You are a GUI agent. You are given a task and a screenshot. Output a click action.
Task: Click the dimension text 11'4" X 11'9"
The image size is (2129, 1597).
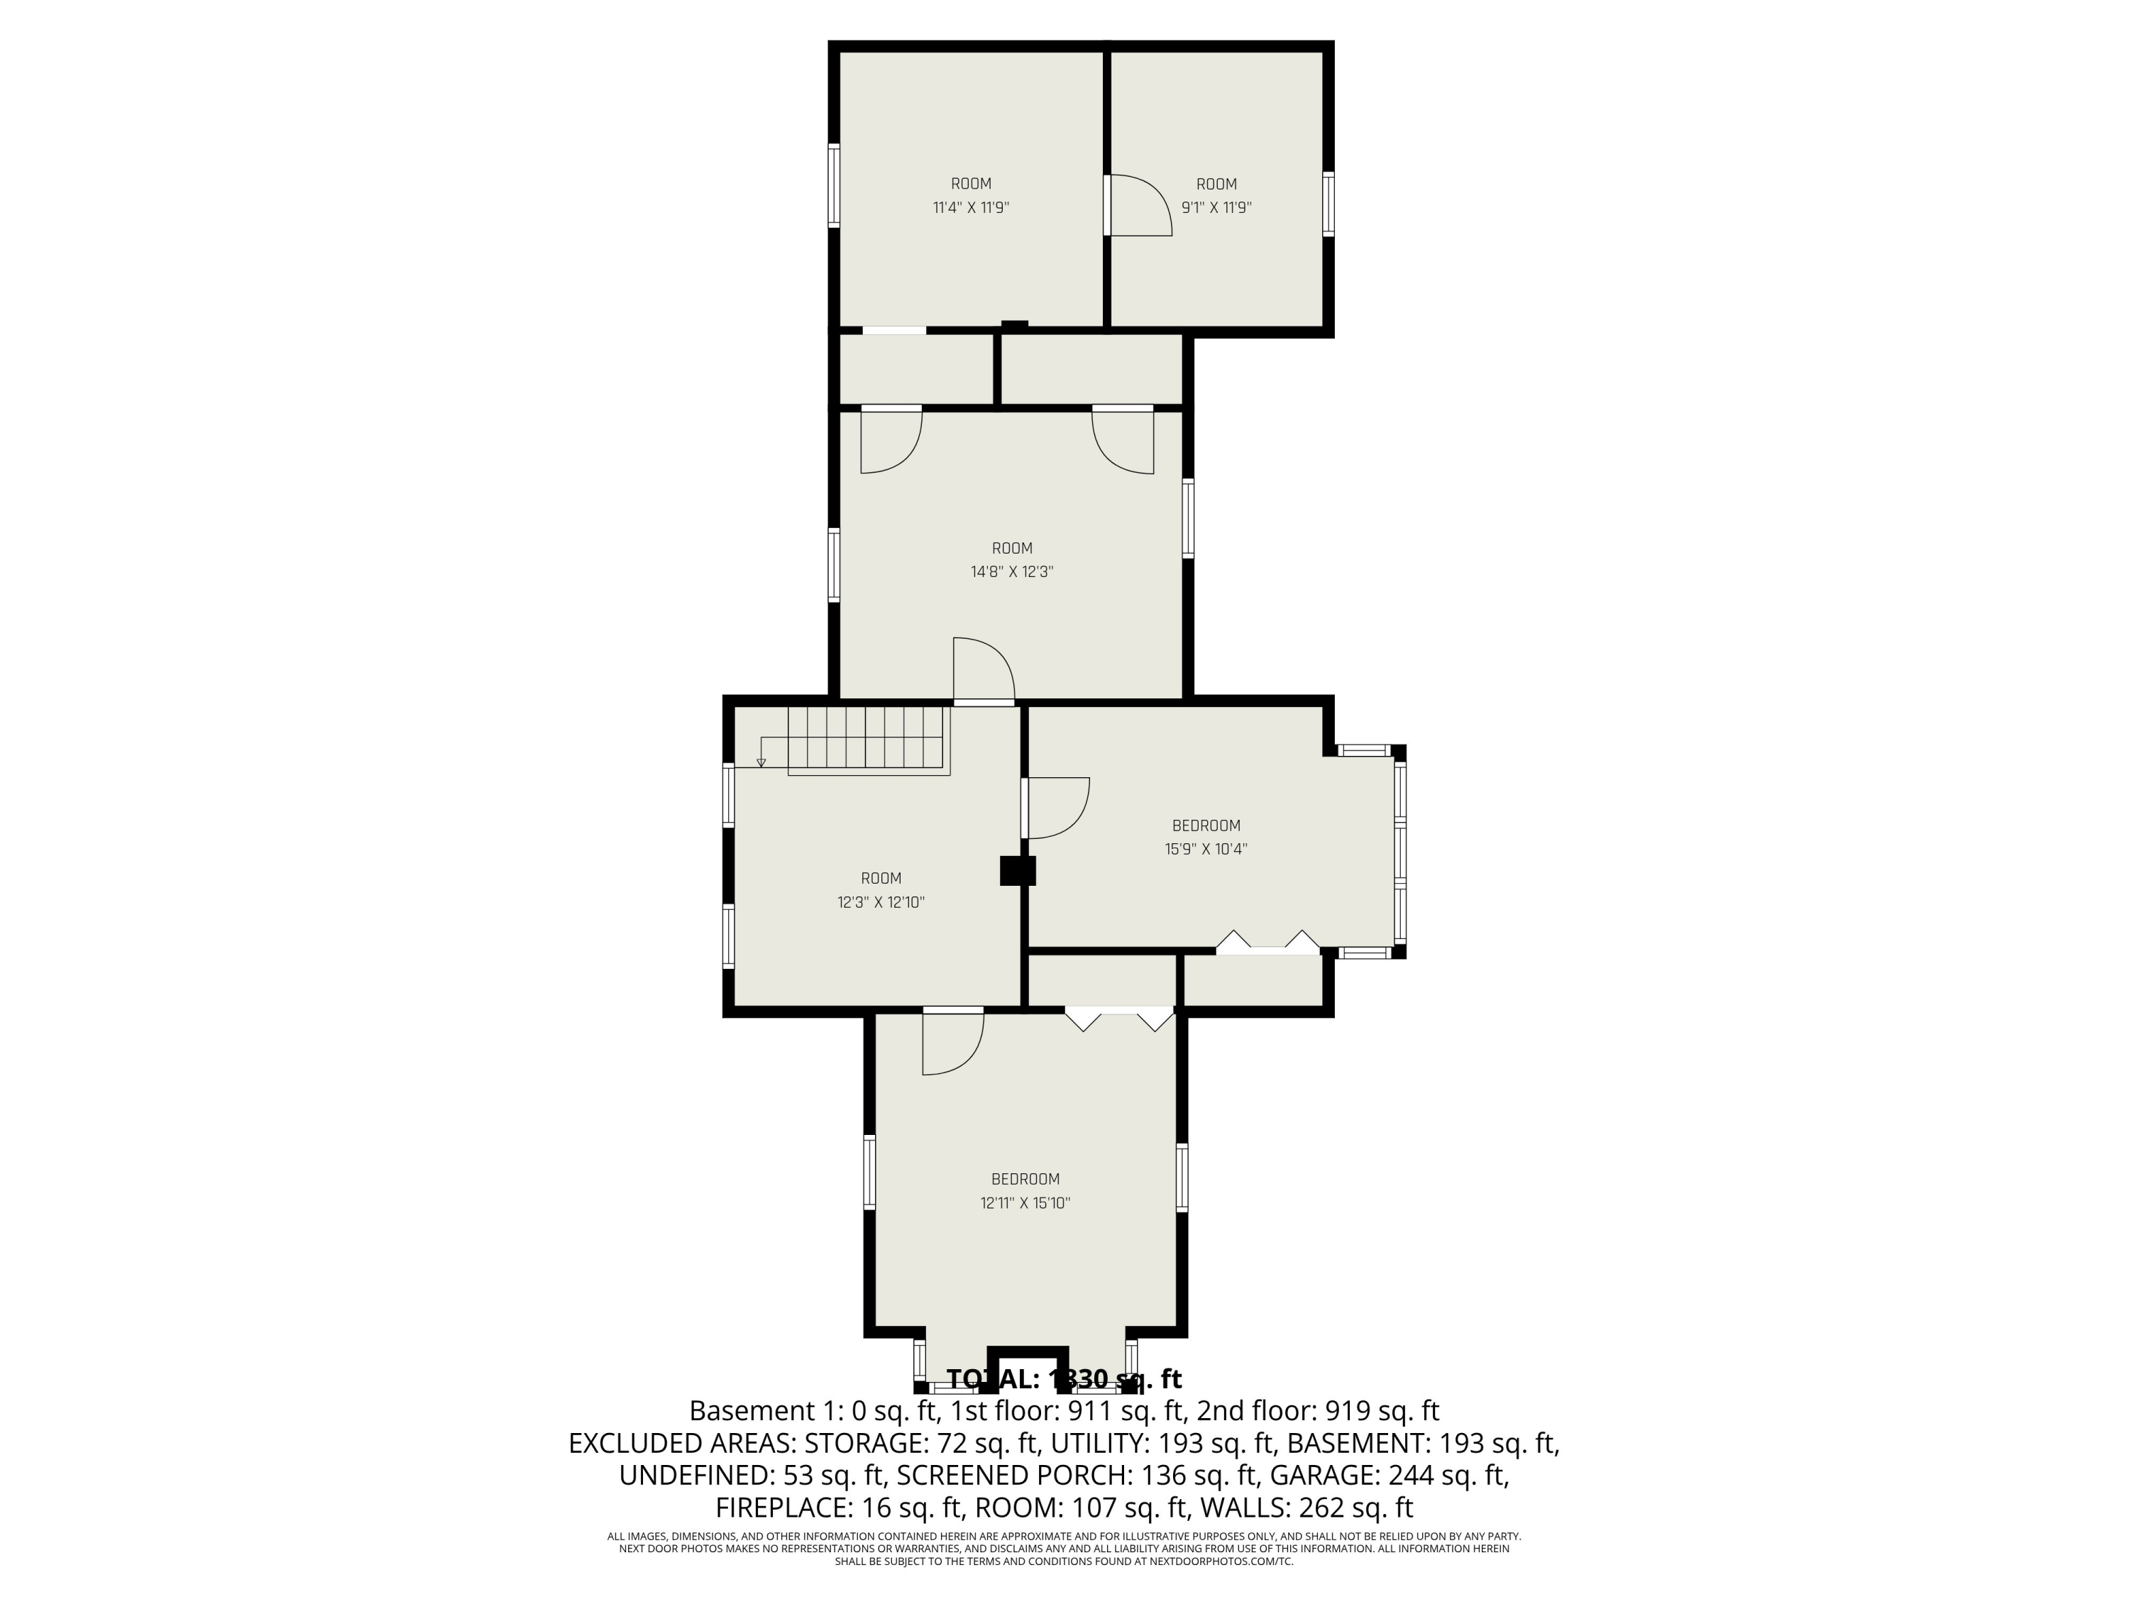click(x=970, y=207)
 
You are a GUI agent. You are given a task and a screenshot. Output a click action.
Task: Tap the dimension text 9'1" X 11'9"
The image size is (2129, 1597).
click(x=1216, y=207)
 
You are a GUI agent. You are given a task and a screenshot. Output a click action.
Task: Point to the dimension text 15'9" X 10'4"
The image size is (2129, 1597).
click(x=1206, y=849)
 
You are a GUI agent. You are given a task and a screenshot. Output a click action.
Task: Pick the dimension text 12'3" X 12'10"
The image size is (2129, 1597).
click(x=881, y=902)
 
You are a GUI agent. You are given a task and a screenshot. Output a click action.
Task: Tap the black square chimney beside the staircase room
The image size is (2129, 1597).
click(x=1018, y=870)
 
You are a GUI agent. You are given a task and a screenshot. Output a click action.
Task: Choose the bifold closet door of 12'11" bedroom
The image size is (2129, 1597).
click(x=1119, y=1018)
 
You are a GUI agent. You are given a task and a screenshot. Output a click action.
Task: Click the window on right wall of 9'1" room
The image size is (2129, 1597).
click(x=1328, y=204)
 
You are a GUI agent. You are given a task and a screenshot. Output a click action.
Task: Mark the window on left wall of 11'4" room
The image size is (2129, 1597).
click(x=835, y=186)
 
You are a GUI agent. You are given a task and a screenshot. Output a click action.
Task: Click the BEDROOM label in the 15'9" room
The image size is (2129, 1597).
click(x=1206, y=825)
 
